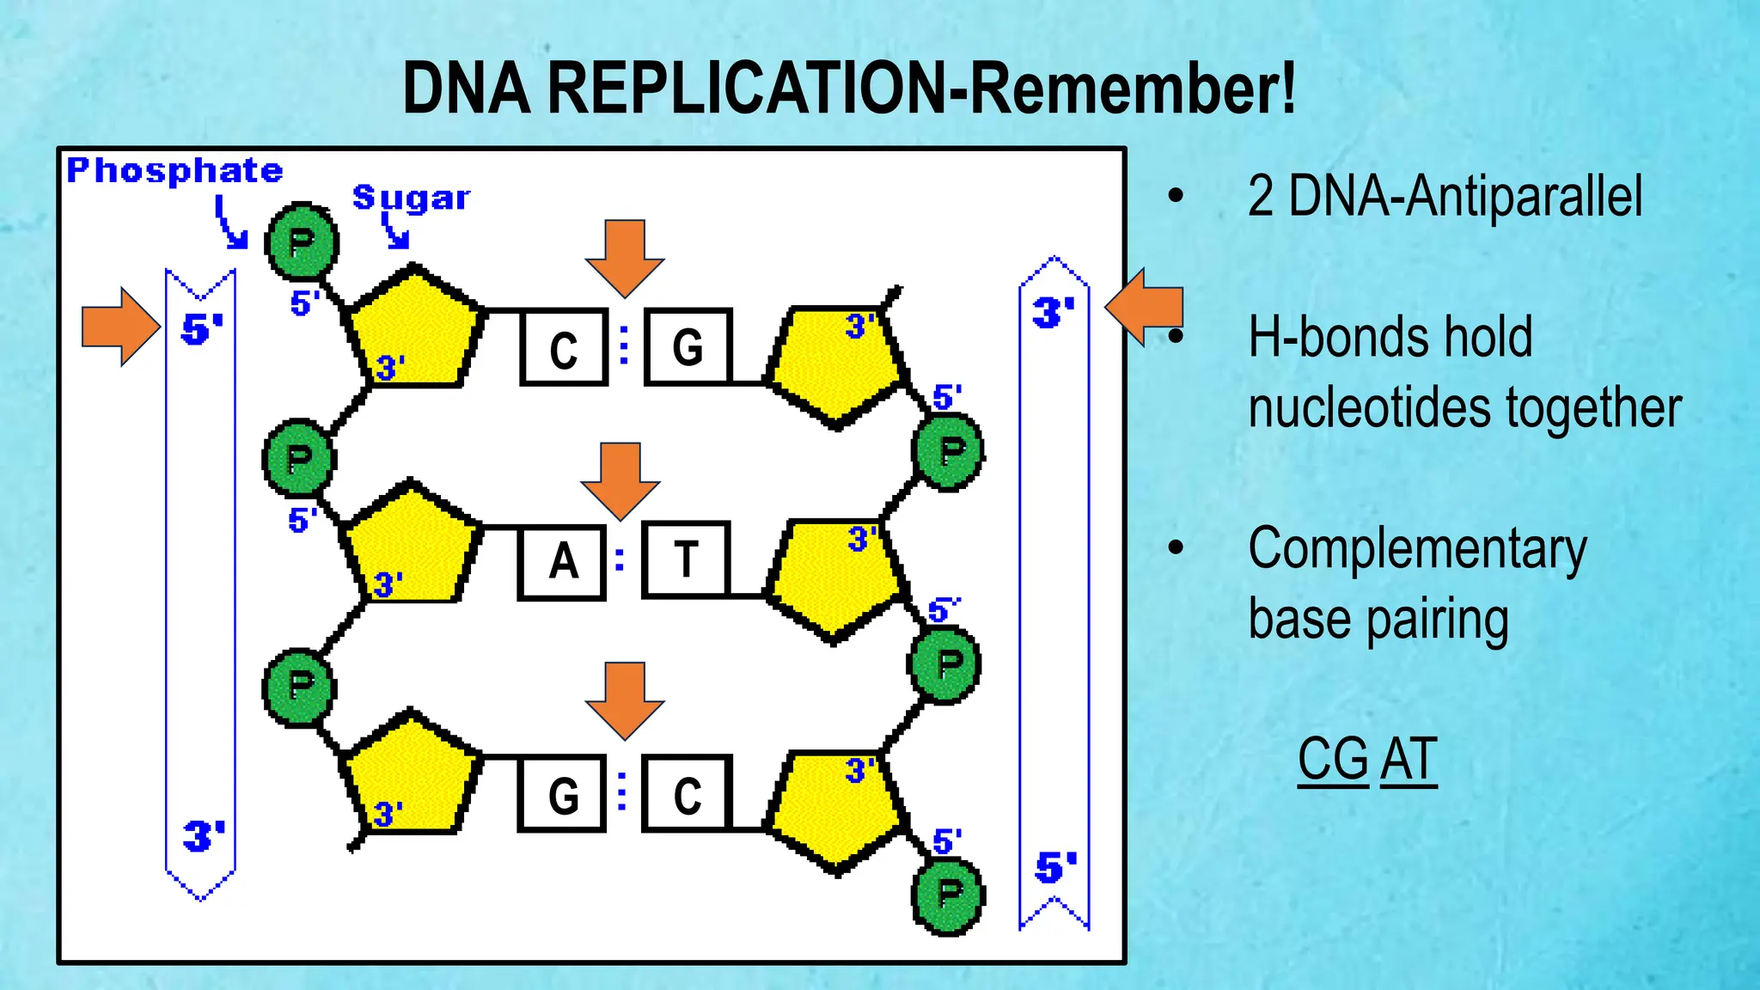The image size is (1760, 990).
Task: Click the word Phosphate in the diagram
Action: click(x=174, y=170)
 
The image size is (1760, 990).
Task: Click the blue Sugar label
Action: click(x=411, y=198)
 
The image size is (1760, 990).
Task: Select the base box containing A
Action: click(x=562, y=561)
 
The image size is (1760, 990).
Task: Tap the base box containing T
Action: click(x=686, y=559)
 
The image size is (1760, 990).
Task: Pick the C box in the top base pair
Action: click(x=564, y=348)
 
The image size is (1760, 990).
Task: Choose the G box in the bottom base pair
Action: click(x=562, y=795)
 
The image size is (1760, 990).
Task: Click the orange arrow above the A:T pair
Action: click(x=620, y=480)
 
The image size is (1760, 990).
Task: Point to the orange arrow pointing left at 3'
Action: click(x=1145, y=307)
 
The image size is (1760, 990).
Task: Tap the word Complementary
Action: click(x=1417, y=549)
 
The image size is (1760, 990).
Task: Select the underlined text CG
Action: click(x=1332, y=760)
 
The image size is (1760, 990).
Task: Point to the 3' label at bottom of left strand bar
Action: click(x=204, y=835)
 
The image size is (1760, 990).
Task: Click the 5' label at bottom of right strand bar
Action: click(x=1055, y=867)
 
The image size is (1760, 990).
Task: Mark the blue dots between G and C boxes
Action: click(x=622, y=791)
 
